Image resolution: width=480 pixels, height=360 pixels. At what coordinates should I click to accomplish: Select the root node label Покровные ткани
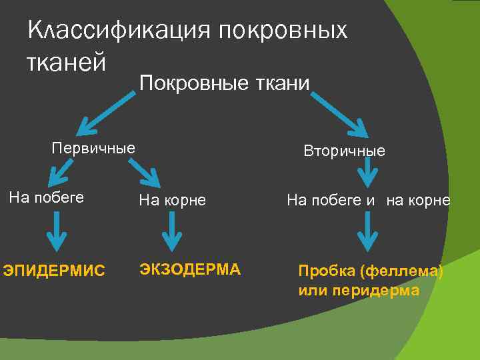pyautogui.click(x=224, y=83)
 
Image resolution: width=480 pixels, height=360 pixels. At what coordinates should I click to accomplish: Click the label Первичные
pyautogui.click(x=93, y=147)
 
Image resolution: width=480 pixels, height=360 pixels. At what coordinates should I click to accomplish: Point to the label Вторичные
pyautogui.click(x=344, y=151)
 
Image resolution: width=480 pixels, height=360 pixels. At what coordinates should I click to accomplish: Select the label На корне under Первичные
pyautogui.click(x=172, y=200)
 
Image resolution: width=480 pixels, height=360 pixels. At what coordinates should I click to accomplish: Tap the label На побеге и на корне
pyautogui.click(x=368, y=200)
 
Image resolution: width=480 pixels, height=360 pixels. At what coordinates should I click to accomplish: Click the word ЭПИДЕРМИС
pyautogui.click(x=54, y=270)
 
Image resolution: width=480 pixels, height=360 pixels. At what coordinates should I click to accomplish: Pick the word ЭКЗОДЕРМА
pyautogui.click(x=189, y=269)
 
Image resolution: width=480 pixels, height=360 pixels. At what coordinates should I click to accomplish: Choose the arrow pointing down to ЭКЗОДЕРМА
pyautogui.click(x=173, y=233)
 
